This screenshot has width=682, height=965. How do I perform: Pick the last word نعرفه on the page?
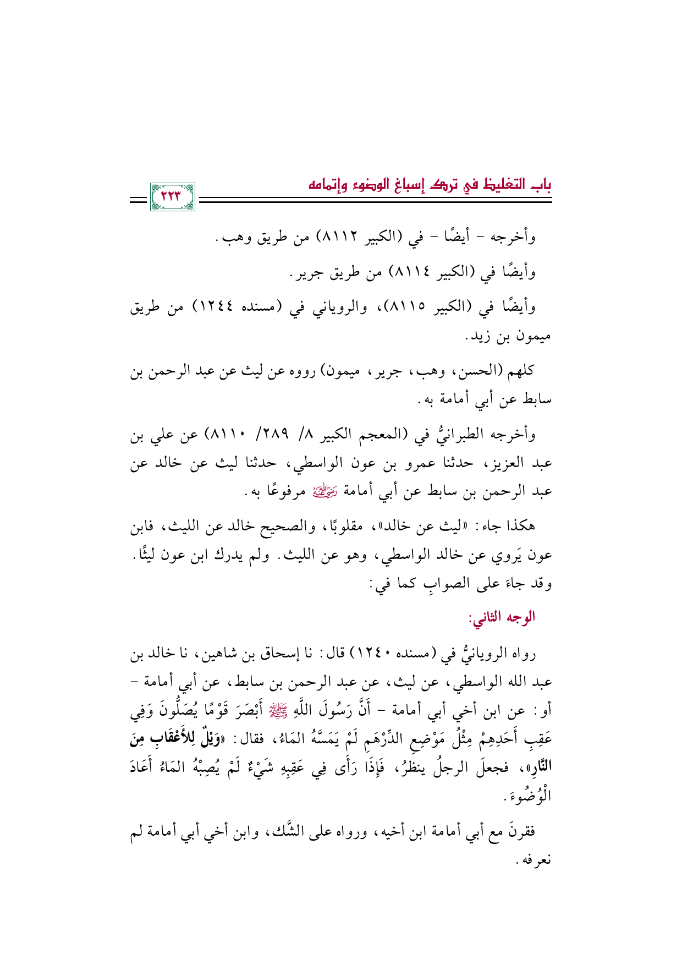(536, 859)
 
